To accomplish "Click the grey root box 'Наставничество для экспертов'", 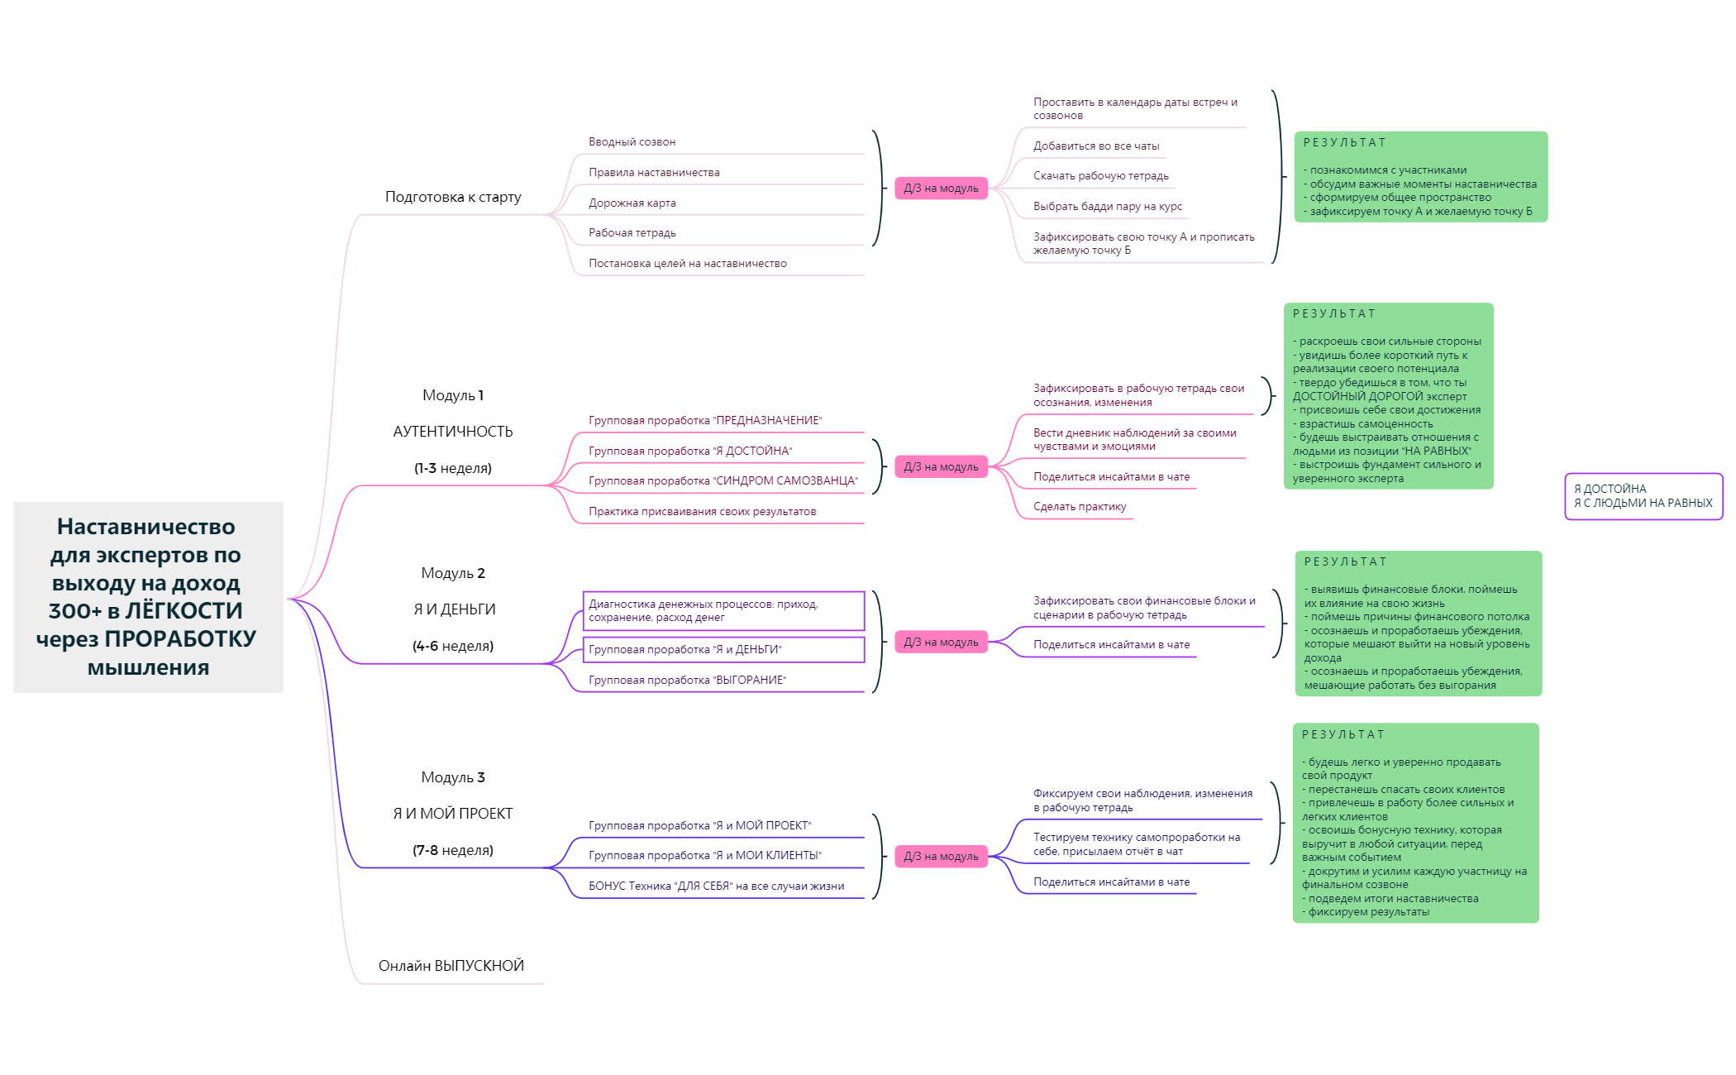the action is [x=148, y=597].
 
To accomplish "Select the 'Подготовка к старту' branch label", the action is [x=453, y=197].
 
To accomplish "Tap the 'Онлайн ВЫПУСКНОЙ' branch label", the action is [x=451, y=966].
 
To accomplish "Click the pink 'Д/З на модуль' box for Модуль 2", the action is [x=941, y=642].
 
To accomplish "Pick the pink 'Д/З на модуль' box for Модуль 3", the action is [x=941, y=856].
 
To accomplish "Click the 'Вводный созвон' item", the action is [x=632, y=142].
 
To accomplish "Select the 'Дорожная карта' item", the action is [x=632, y=203].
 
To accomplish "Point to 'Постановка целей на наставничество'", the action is [x=688, y=263].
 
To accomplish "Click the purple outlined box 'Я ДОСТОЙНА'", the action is [x=1643, y=496].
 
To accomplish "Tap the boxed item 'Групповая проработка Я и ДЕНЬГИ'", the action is [x=724, y=649].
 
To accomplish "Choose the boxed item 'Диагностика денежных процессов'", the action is [x=724, y=611].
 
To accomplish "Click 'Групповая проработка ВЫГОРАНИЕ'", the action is [x=687, y=680].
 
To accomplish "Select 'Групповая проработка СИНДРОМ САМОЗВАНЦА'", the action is [x=723, y=480].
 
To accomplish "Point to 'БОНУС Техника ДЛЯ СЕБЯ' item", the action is [x=716, y=886].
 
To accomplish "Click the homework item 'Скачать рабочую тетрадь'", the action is [x=1101, y=176].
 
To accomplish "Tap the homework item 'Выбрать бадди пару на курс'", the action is [x=1108, y=206].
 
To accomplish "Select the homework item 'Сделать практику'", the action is [x=1080, y=507].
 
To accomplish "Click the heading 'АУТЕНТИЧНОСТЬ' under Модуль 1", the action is [x=453, y=432].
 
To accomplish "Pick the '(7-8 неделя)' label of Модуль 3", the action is [x=453, y=850].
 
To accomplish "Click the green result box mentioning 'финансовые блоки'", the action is [x=1419, y=623].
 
